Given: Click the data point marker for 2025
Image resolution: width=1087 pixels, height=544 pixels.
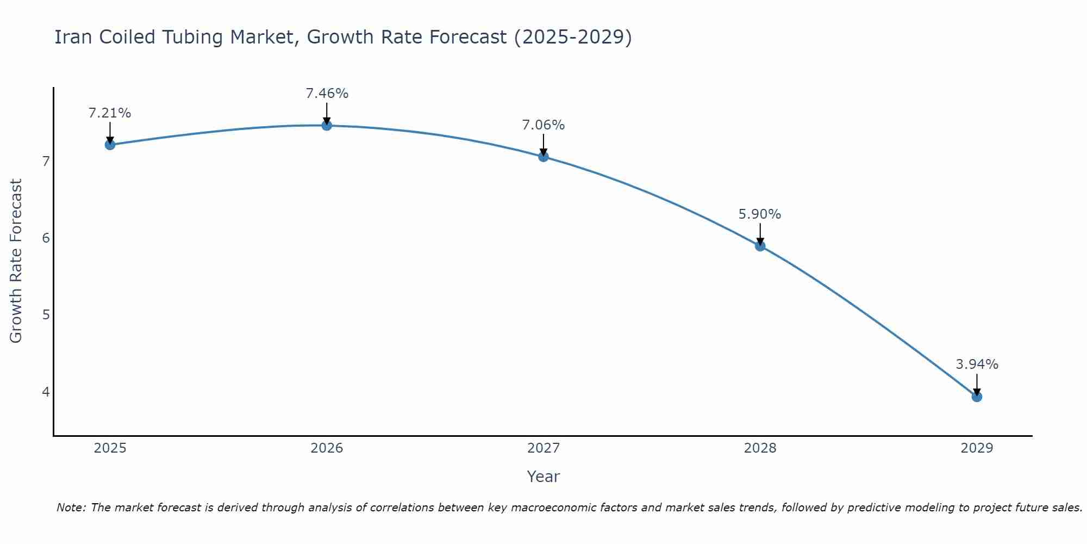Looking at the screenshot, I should pyautogui.click(x=110, y=145).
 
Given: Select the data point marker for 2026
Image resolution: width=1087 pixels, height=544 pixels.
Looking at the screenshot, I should pyautogui.click(x=327, y=126).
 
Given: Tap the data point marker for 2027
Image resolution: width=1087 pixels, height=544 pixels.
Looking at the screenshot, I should pyautogui.click(x=543, y=157).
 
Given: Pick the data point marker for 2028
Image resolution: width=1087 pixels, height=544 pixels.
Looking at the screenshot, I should pyautogui.click(x=760, y=246).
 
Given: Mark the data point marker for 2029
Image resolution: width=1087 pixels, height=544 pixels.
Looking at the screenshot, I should pyautogui.click(x=977, y=397).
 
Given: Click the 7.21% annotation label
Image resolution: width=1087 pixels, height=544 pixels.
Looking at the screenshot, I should pyautogui.click(x=110, y=113).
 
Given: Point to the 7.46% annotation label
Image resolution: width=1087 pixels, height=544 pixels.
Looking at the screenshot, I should pyautogui.click(x=327, y=94).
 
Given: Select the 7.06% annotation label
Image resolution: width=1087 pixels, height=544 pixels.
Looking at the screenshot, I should pyautogui.click(x=543, y=125).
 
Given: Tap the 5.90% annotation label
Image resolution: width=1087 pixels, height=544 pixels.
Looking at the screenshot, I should pyautogui.click(x=760, y=214).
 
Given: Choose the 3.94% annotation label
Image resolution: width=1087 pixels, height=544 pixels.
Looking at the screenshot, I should pyautogui.click(x=977, y=364).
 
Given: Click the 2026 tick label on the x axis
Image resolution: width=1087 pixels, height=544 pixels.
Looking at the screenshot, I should pyautogui.click(x=327, y=448).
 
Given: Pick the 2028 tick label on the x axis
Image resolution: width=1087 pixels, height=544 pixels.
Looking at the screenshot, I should pyautogui.click(x=760, y=448).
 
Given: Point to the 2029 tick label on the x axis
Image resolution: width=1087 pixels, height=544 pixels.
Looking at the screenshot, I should pyautogui.click(x=977, y=448).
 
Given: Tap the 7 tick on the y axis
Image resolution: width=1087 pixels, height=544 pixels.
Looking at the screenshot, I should pyautogui.click(x=46, y=162).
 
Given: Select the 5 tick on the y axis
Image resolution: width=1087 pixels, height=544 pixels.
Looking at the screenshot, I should pyautogui.click(x=46, y=315).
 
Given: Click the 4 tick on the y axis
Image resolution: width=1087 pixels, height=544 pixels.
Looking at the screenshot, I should pyautogui.click(x=46, y=392).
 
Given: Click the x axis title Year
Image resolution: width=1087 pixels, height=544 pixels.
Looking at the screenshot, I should pyautogui.click(x=543, y=477).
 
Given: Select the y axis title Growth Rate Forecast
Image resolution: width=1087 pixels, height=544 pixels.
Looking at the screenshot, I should pyautogui.click(x=16, y=261).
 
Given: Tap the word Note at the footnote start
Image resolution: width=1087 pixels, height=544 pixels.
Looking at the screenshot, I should pyautogui.click(x=71, y=508).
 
